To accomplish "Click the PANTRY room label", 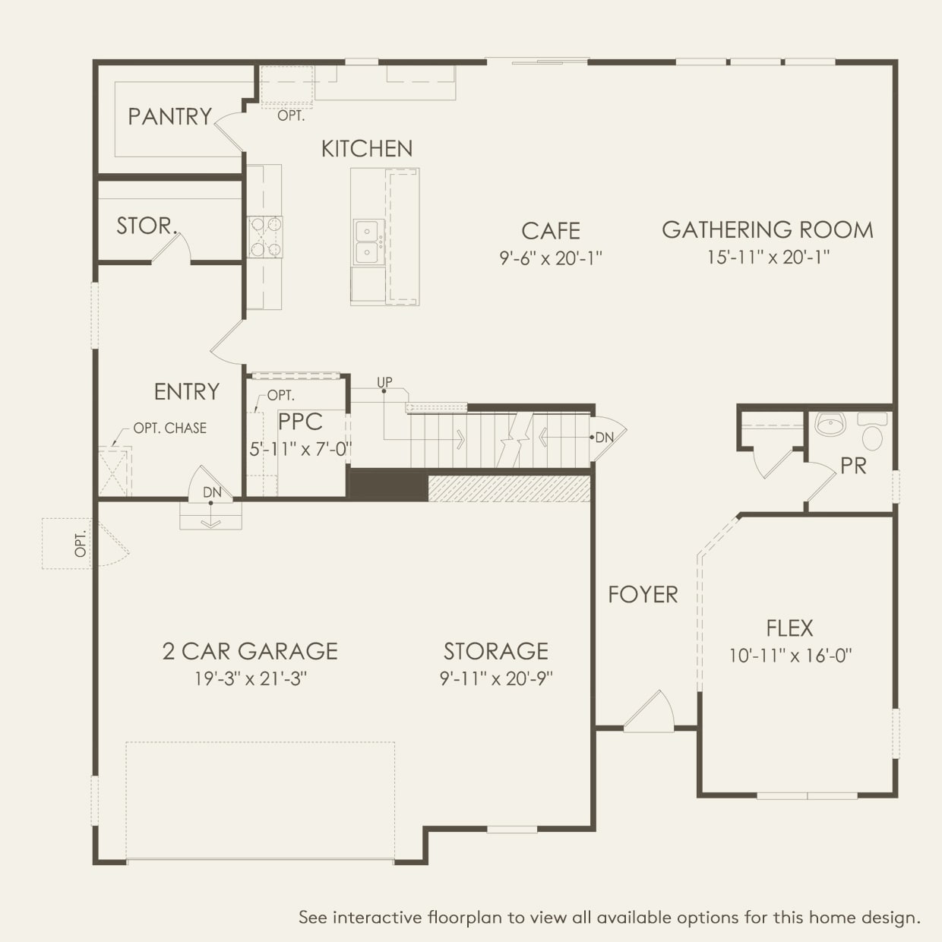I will click(169, 116).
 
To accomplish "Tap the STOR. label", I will click(146, 226).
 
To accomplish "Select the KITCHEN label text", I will click(367, 149).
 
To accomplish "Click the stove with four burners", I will click(265, 237).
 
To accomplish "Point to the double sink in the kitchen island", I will click(368, 242).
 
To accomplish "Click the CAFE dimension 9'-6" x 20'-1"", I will click(550, 258).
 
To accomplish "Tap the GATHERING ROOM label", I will click(767, 229).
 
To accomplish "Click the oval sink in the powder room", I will click(831, 424).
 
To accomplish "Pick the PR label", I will click(853, 466).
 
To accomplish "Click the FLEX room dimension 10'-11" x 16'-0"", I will click(790, 656).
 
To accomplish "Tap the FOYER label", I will click(643, 594).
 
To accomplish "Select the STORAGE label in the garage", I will click(495, 651).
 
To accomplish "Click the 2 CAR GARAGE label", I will click(250, 651).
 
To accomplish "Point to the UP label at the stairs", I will click(384, 382).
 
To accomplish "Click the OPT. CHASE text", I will click(169, 428).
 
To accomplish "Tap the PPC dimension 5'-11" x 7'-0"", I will click(300, 449).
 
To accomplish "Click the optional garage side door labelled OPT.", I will click(81, 544).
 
